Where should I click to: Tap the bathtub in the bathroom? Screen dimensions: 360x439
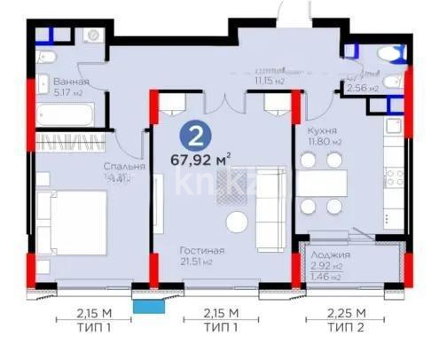click(x=67, y=113)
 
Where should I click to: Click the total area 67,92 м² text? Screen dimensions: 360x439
click(x=200, y=161)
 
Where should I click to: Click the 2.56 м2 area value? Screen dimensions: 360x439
click(x=363, y=89)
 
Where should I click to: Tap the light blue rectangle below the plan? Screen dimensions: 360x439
click(x=147, y=305)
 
